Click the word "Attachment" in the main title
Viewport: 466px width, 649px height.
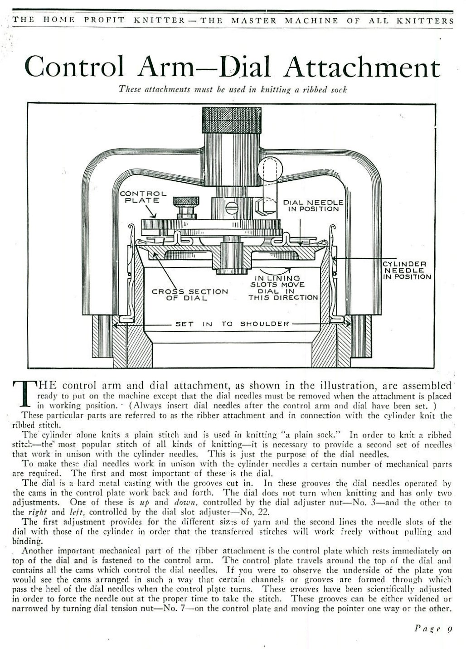[x=362, y=67]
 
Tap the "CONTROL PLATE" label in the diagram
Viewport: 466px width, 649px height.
[x=143, y=197]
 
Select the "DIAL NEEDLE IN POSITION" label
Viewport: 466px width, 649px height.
[x=313, y=206]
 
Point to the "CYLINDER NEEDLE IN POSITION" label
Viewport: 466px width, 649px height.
[x=407, y=270]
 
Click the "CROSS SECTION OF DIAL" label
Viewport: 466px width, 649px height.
[x=190, y=295]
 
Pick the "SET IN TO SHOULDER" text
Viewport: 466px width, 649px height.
[x=232, y=324]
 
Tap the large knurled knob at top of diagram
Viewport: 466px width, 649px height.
[x=232, y=120]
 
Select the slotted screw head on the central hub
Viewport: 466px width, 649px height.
[x=233, y=208]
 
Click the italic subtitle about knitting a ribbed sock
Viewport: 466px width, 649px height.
[x=233, y=89]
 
